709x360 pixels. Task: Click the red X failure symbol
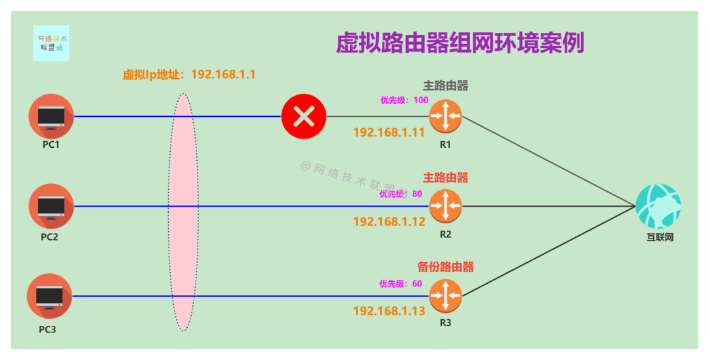pyautogui.click(x=304, y=117)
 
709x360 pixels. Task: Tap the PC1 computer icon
pyautogui.click(x=51, y=116)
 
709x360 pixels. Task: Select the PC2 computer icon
pyautogui.click(x=51, y=206)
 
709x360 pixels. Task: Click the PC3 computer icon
pyautogui.click(x=49, y=296)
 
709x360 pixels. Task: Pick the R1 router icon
pyautogui.click(x=446, y=116)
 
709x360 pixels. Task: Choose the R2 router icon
pyautogui.click(x=446, y=206)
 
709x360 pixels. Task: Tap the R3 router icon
pyautogui.click(x=446, y=296)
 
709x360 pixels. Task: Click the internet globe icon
pyautogui.click(x=658, y=206)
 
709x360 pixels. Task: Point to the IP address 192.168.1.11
pyautogui.click(x=389, y=132)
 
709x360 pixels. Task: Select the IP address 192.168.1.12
pyautogui.click(x=389, y=222)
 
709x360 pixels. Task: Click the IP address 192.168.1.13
pyautogui.click(x=389, y=311)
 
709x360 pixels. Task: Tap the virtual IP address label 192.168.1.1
pyautogui.click(x=189, y=74)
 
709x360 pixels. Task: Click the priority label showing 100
pyautogui.click(x=404, y=101)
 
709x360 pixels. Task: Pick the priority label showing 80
pyautogui.click(x=400, y=194)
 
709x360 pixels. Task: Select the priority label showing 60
pyautogui.click(x=400, y=284)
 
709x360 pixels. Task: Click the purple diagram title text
pyautogui.click(x=460, y=43)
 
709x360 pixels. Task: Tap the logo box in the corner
pyautogui.click(x=51, y=43)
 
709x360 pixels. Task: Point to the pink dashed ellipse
pyautogui.click(x=183, y=212)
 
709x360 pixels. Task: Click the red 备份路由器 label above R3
pyautogui.click(x=446, y=267)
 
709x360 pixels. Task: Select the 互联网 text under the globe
pyautogui.click(x=660, y=237)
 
